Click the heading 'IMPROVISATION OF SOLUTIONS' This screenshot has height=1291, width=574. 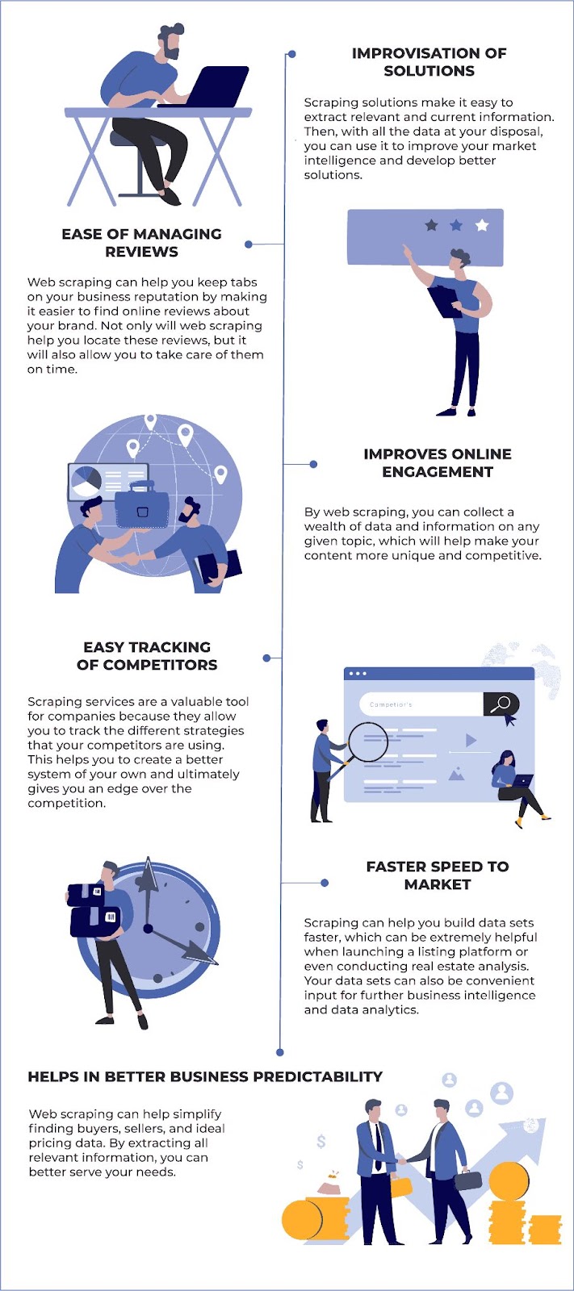[x=429, y=62]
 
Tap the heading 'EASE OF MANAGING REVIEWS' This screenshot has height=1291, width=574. [x=141, y=242]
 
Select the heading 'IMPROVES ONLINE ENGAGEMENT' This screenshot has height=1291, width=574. [x=437, y=462]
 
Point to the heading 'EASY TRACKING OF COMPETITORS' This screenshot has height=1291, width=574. [x=147, y=656]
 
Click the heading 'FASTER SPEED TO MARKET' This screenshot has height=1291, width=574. [x=437, y=875]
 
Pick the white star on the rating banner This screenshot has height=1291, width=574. [x=482, y=224]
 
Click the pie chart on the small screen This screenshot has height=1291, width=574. [x=86, y=482]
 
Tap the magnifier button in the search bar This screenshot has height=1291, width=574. [x=501, y=704]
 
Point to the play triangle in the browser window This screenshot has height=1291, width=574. [x=471, y=740]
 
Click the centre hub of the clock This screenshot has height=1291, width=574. [x=149, y=928]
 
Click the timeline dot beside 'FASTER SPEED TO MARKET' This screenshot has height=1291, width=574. [x=325, y=883]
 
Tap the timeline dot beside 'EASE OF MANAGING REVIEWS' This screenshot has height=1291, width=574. [x=249, y=244]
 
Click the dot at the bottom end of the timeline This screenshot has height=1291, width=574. [x=280, y=1052]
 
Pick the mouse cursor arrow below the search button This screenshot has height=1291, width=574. [x=509, y=721]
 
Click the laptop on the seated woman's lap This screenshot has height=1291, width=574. [x=522, y=781]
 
